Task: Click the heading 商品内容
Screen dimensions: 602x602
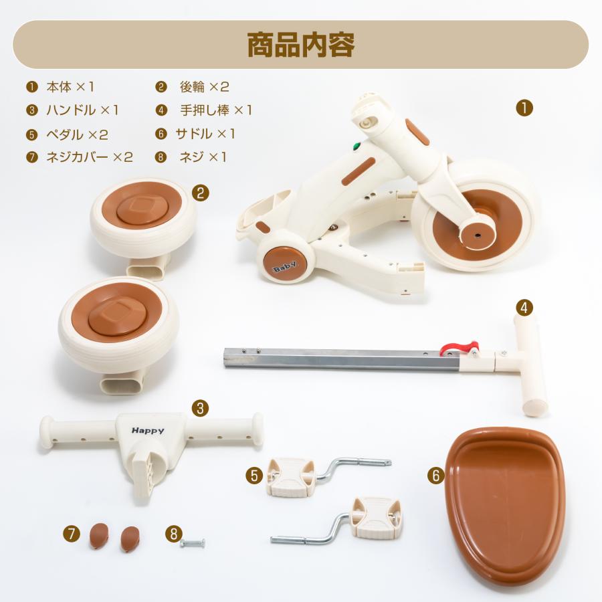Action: pos(300,44)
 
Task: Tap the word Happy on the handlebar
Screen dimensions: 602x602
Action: pos(148,431)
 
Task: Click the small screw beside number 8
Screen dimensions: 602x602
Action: pos(193,542)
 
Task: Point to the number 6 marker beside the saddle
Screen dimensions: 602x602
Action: pos(435,475)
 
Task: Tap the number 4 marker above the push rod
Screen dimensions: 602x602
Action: pos(525,307)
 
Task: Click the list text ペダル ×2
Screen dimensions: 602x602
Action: pos(76,134)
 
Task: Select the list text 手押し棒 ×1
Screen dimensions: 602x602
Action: pos(215,110)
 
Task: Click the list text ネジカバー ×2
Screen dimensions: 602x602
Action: pos(89,157)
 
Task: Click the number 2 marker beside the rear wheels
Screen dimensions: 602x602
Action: pos(200,193)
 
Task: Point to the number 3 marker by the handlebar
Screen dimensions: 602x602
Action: pos(199,408)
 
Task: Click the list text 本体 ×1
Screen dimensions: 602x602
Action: pos(70,87)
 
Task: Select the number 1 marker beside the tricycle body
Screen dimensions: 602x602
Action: pos(524,108)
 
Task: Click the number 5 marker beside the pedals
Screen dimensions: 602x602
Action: pos(254,475)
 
